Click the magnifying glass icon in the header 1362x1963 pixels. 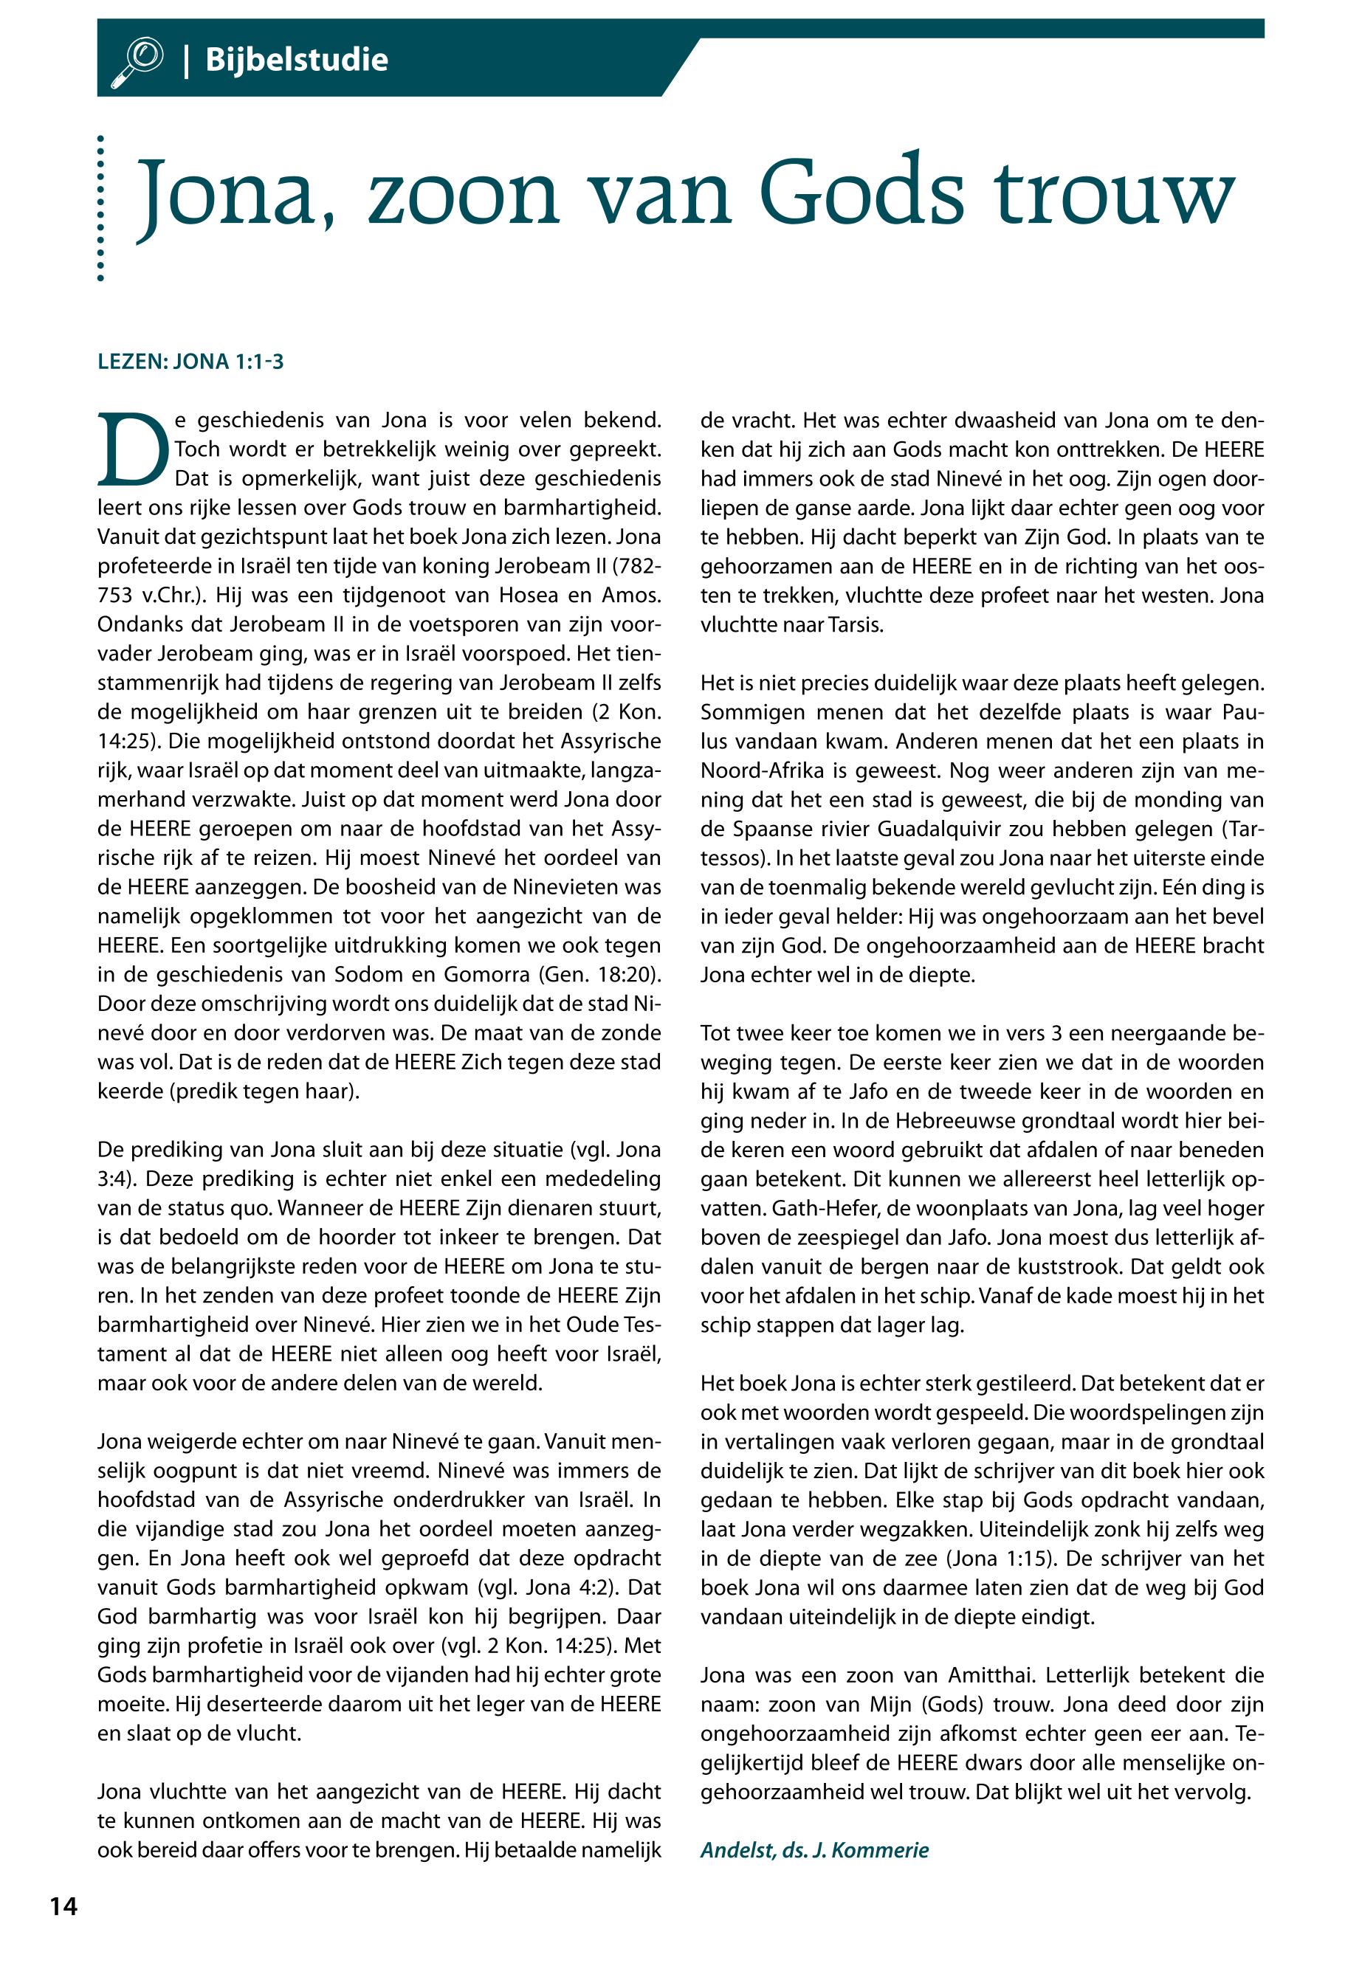(137, 61)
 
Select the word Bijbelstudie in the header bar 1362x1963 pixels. (296, 60)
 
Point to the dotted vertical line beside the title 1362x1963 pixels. (100, 208)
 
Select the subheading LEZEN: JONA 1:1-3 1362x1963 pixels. (190, 362)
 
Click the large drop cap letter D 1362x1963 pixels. (132, 449)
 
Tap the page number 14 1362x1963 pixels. (63, 1907)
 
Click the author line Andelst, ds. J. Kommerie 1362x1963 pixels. (814, 1849)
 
